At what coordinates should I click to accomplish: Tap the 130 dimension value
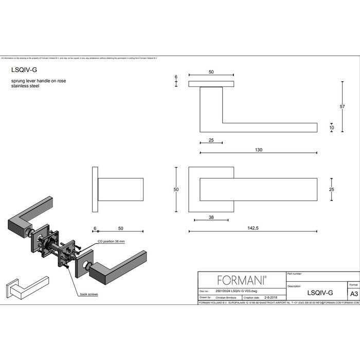pyautogui.click(x=258, y=150)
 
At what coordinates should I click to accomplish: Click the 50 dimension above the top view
pyautogui.click(x=211, y=73)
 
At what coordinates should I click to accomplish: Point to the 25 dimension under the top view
pyautogui.click(x=211, y=140)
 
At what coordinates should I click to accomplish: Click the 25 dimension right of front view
pyautogui.click(x=332, y=190)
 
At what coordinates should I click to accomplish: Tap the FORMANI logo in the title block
pyautogui.click(x=241, y=280)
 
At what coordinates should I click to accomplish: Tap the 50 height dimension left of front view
pyautogui.click(x=176, y=190)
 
